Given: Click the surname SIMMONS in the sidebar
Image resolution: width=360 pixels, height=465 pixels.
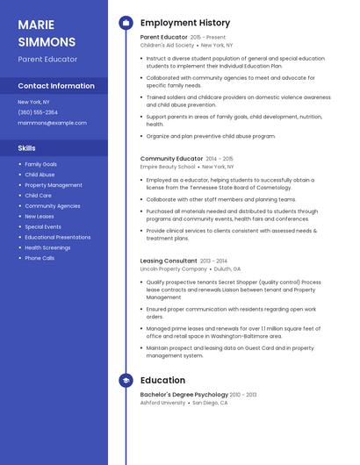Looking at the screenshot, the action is [47, 41].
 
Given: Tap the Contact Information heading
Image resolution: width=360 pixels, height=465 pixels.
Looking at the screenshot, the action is [56, 86].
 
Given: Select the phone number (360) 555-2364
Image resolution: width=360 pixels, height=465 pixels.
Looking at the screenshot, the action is [38, 112].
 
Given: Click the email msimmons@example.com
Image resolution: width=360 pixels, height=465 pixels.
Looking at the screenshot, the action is [52, 123].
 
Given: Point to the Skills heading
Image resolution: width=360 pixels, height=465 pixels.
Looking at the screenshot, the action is [27, 148].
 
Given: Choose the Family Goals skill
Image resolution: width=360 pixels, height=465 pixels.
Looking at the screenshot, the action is [40, 164].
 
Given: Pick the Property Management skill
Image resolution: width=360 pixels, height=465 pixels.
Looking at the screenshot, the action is [53, 185].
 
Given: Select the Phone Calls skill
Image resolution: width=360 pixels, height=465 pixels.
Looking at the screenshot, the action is [40, 258].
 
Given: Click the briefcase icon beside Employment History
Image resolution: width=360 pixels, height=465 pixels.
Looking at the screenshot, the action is [126, 23].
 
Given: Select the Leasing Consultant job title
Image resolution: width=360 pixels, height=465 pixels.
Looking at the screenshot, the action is [169, 261].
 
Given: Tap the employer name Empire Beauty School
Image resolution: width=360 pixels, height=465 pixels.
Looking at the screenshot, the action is [168, 166].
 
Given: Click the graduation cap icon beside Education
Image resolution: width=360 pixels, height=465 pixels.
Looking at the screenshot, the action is [126, 380].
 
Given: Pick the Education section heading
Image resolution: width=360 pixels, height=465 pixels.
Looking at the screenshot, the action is [162, 380].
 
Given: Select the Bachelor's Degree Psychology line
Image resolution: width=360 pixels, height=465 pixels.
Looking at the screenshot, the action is [184, 395].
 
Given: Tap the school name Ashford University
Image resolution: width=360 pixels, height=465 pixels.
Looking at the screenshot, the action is [162, 403].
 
